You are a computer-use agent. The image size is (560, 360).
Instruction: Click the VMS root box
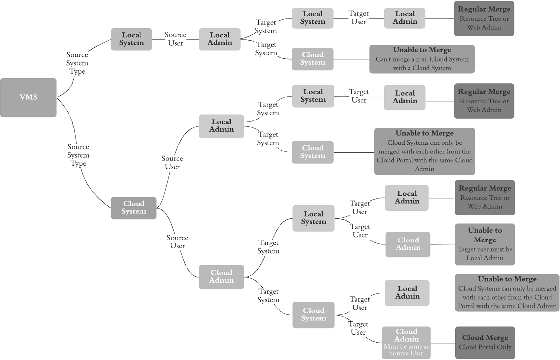pyautogui.click(x=28, y=97)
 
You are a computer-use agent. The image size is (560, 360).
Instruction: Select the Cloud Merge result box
pyautogui.click(x=485, y=342)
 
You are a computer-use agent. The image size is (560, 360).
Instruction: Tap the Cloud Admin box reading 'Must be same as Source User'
pyautogui.click(x=406, y=342)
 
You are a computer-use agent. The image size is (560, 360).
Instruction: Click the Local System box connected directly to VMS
pyautogui.click(x=131, y=39)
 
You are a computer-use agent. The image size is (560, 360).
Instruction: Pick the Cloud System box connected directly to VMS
pyautogui.click(x=134, y=208)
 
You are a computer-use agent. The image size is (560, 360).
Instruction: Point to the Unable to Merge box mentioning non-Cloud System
pyautogui.click(x=421, y=59)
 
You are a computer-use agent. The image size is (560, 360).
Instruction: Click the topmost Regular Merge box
pyautogui.click(x=484, y=18)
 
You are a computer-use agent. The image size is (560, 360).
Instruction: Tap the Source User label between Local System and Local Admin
pyautogui.click(x=175, y=39)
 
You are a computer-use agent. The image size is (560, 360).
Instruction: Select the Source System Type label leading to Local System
pyautogui.click(x=77, y=63)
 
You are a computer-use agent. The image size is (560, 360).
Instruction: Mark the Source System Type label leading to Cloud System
pyautogui.click(x=78, y=155)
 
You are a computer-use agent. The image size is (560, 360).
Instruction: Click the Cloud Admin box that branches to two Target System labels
pyautogui.click(x=221, y=277)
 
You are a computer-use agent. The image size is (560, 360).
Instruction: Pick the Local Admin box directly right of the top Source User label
pyautogui.click(x=220, y=39)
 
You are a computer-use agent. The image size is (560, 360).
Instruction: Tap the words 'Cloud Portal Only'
pyautogui.click(x=485, y=347)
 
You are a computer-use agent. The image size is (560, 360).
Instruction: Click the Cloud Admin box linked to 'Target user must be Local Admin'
pyautogui.click(x=408, y=244)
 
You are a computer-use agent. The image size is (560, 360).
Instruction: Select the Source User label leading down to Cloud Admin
pyautogui.click(x=177, y=242)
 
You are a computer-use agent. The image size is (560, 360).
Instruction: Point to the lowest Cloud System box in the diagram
pyautogui.click(x=313, y=315)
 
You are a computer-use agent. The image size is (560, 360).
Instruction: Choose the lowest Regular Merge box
pyautogui.click(x=484, y=197)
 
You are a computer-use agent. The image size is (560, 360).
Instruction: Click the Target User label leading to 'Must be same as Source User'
pyautogui.click(x=358, y=328)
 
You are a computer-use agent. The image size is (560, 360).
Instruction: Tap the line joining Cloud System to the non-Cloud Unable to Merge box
pyautogui.click(x=351, y=59)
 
